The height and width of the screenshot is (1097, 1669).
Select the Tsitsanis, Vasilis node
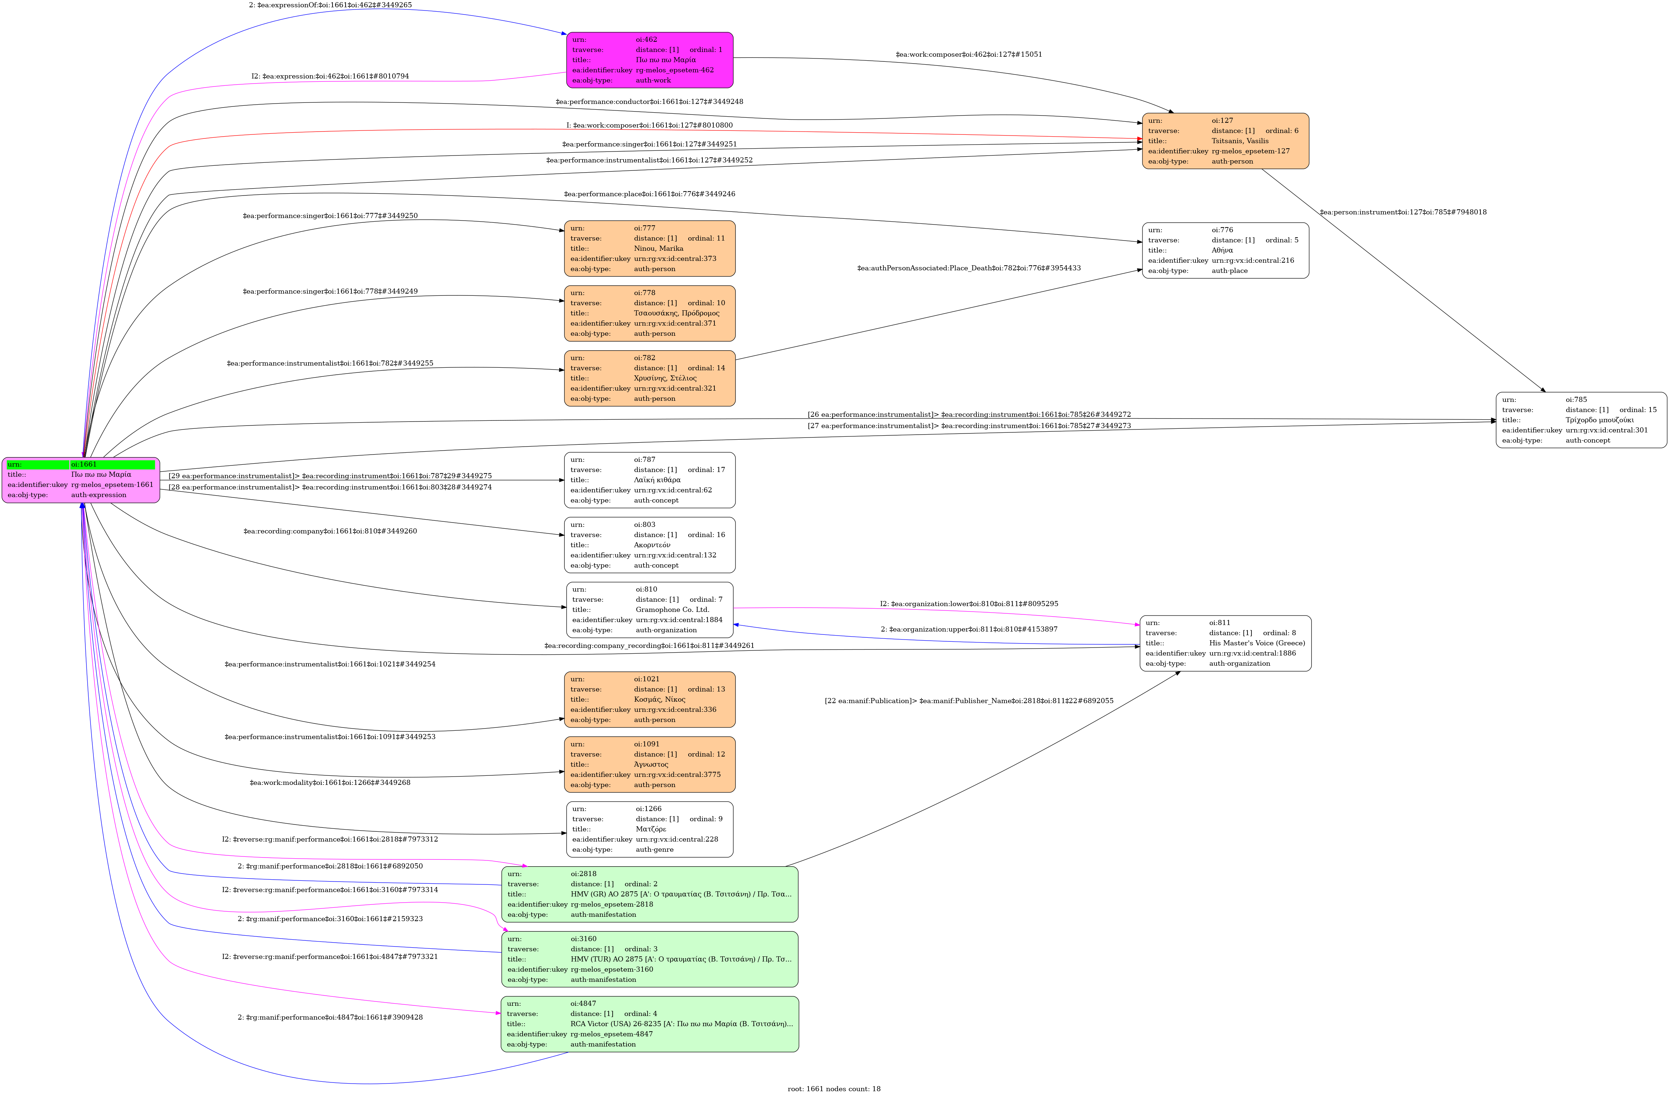[x=1225, y=141]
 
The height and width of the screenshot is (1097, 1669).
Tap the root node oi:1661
[x=81, y=480]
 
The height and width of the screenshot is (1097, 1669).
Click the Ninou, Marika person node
[x=649, y=248]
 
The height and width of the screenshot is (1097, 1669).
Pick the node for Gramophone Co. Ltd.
[x=649, y=609]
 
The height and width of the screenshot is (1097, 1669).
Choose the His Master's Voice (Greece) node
[x=1225, y=643]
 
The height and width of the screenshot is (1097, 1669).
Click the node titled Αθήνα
[x=1225, y=250]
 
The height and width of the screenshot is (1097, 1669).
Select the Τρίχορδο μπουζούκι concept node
[x=1581, y=420]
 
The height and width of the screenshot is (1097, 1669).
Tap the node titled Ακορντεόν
[x=649, y=545]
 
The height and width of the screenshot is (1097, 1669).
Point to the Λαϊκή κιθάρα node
[x=649, y=480]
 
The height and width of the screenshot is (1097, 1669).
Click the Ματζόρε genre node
[x=649, y=829]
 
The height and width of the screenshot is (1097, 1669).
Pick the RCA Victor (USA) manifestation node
[x=649, y=1024]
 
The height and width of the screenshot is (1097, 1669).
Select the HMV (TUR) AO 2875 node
[x=649, y=959]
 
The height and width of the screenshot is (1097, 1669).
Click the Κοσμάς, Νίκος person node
[x=649, y=699]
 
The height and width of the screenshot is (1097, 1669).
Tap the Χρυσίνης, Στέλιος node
[x=649, y=378]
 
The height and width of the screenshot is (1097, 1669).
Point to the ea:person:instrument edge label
[x=1403, y=212]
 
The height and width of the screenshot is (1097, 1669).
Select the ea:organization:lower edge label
[x=969, y=604]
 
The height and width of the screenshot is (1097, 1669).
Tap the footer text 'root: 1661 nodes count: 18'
[x=834, y=1089]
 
